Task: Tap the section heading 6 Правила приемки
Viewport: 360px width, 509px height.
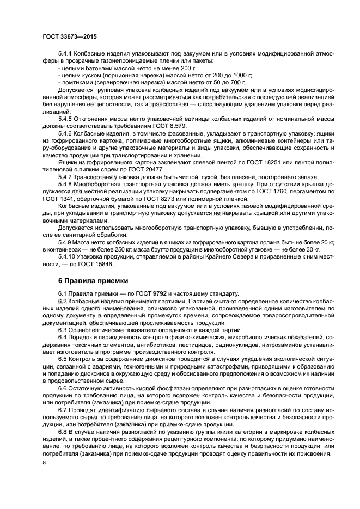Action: click(x=93, y=280)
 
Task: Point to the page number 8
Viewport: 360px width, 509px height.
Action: click(x=44, y=462)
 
